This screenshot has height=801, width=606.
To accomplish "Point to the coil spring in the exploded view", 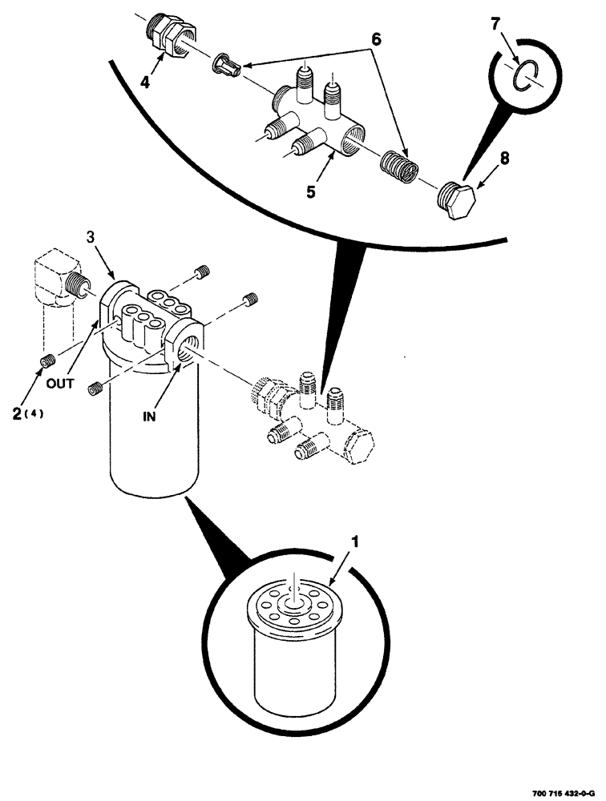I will (x=398, y=170).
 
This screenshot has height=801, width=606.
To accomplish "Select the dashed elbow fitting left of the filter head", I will (x=58, y=282).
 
